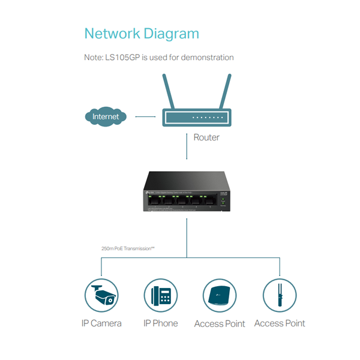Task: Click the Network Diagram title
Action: (142, 33)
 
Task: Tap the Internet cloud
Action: (106, 116)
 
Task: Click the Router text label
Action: (206, 137)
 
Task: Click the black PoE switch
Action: (187, 191)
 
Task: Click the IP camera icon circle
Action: (101, 295)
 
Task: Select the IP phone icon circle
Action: (161, 295)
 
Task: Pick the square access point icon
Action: (220, 295)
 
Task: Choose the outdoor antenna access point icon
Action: (280, 295)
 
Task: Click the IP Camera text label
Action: (101, 323)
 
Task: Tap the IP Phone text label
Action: (161, 323)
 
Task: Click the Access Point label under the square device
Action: (220, 324)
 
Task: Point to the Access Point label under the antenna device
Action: (280, 323)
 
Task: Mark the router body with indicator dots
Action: (196, 117)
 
